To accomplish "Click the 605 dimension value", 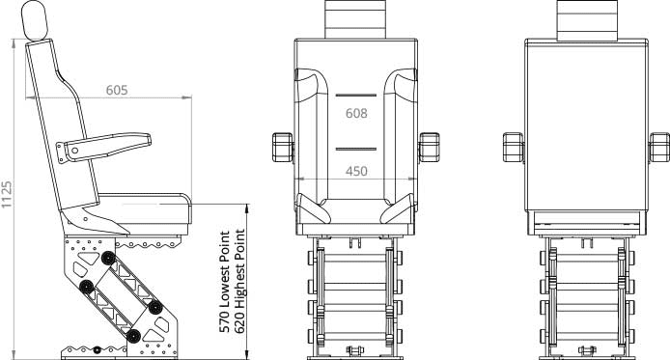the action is [x=117, y=90].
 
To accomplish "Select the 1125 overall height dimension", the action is [x=7, y=195].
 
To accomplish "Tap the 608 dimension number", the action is [x=356, y=113].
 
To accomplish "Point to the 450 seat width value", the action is [x=356, y=171].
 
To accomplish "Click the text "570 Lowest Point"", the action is [x=225, y=282].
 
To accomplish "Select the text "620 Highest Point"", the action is [x=239, y=282].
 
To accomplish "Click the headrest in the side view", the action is [x=35, y=20].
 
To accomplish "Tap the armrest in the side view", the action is [x=104, y=148].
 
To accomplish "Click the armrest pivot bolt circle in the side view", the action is [x=75, y=151].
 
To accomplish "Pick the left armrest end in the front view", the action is [x=283, y=148].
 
